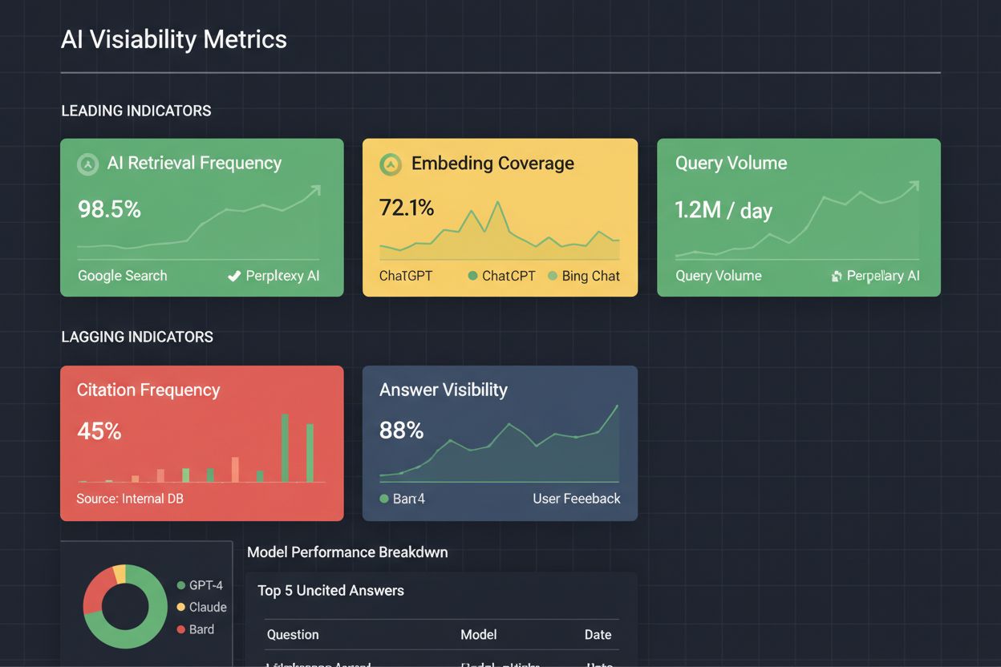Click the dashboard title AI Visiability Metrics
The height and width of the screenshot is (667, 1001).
pyautogui.click(x=173, y=39)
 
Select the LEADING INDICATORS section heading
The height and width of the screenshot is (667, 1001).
pyautogui.click(x=136, y=111)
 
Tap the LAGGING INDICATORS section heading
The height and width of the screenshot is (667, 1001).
pyautogui.click(x=137, y=337)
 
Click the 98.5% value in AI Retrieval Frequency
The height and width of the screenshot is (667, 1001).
pyautogui.click(x=109, y=209)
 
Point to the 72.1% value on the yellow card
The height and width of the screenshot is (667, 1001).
pyautogui.click(x=406, y=208)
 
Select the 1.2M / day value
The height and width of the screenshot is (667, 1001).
pyautogui.click(x=723, y=210)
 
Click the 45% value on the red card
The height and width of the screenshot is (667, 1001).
pyautogui.click(x=99, y=431)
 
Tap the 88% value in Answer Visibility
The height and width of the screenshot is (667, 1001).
pyautogui.click(x=401, y=431)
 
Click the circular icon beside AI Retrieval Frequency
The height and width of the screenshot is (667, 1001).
pyautogui.click(x=87, y=164)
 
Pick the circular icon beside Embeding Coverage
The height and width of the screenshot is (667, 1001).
pyautogui.click(x=390, y=164)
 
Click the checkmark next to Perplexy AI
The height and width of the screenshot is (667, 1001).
pyautogui.click(x=234, y=277)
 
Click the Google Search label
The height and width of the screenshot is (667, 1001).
pyautogui.click(x=122, y=276)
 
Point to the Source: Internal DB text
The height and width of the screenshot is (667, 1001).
pyautogui.click(x=130, y=499)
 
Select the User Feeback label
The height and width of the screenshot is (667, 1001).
pyautogui.click(x=576, y=499)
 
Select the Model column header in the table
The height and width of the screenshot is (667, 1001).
pyautogui.click(x=478, y=634)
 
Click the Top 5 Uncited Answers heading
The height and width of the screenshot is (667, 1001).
pyautogui.click(x=330, y=591)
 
